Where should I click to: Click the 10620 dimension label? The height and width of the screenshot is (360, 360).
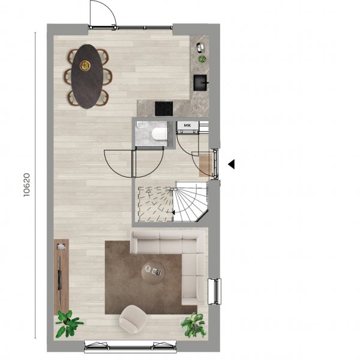pos(26,185)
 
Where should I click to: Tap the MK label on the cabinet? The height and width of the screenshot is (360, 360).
pos(187,125)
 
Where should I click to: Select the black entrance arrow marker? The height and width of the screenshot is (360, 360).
pos(231,164)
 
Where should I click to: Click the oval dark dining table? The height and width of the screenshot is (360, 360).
pos(87,76)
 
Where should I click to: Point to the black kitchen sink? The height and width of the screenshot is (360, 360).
pos(201,83)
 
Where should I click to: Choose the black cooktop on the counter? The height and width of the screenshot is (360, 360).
pos(164,109)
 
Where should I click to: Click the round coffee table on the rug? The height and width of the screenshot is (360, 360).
pos(153,272)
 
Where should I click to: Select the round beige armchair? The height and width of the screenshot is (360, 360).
pos(133,319)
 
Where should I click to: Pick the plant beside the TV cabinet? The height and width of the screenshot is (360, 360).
pos(68,323)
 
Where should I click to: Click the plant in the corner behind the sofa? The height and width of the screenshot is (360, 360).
pos(193,325)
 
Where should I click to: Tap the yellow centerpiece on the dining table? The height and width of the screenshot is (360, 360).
pos(85,65)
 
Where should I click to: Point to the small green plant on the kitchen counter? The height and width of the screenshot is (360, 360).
pos(202,59)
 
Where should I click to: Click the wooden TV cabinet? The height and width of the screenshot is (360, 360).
pos(61,277)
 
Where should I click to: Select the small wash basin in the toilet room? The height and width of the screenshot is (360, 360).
pos(141,125)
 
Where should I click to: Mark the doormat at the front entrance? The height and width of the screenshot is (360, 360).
pos(206,165)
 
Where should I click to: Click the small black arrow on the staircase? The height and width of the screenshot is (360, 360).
pos(173,212)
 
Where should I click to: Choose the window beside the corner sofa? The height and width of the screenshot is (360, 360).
pos(214,292)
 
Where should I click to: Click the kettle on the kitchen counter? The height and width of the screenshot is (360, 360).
pos(200,47)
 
